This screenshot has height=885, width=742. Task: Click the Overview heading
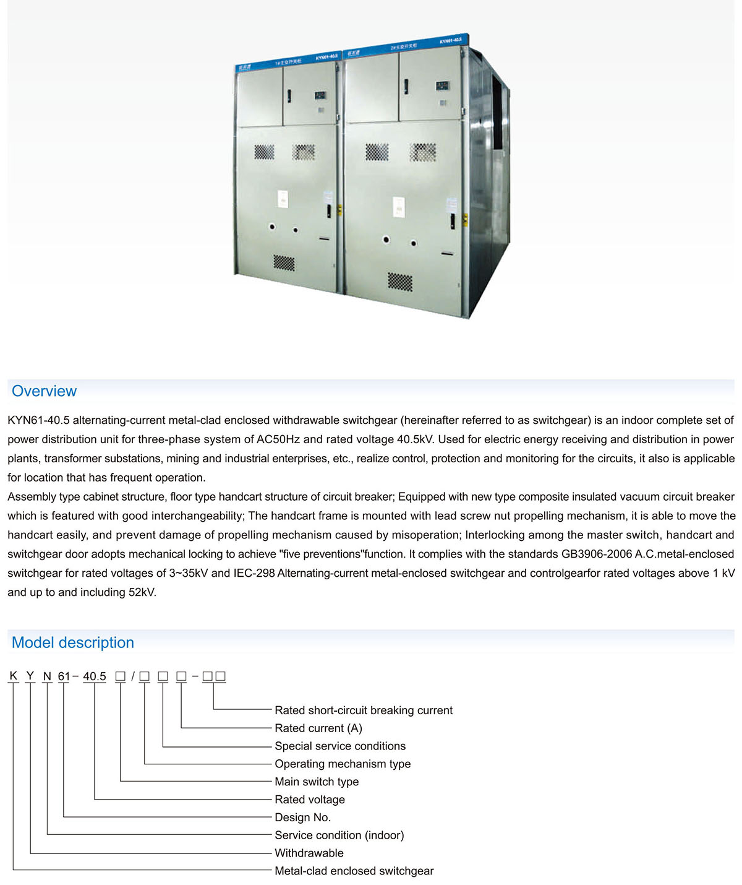(44, 391)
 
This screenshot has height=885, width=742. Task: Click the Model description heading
(73, 642)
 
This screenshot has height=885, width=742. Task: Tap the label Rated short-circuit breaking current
(364, 710)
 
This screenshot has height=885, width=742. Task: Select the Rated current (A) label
(318, 728)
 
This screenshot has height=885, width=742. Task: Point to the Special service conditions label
(340, 746)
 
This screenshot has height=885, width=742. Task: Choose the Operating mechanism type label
(343, 764)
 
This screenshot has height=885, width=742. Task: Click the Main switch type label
(317, 782)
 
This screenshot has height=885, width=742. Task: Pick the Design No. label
(302, 818)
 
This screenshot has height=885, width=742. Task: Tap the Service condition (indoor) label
(339, 835)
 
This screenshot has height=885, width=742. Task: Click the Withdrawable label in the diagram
(309, 853)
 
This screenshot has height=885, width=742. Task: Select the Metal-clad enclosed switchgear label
(354, 871)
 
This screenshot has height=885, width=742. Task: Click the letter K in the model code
(14, 676)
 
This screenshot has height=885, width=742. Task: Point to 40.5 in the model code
(95, 676)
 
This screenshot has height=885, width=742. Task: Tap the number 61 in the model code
(64, 676)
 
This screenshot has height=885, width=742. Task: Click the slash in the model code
(133, 676)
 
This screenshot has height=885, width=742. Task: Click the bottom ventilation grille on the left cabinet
(284, 262)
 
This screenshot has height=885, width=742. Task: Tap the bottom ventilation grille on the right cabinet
(400, 282)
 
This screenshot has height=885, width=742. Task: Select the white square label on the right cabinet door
(399, 207)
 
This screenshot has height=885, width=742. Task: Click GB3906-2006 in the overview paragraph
(596, 554)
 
